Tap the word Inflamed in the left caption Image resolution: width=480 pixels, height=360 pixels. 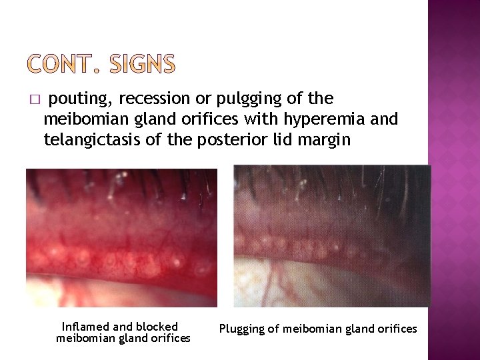[85, 327]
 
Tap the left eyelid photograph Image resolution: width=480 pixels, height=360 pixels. [121, 237]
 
